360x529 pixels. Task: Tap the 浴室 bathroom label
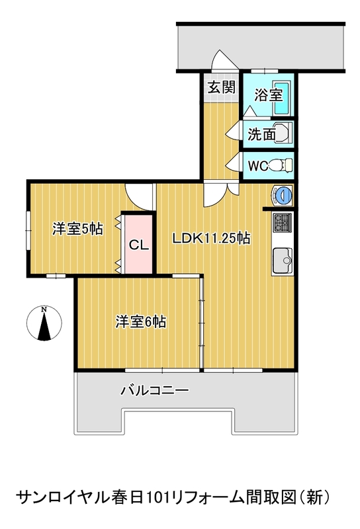tap(268, 95)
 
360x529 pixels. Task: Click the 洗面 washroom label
tap(261, 134)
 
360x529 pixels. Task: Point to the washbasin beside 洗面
tap(283, 133)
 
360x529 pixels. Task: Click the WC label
tap(258, 166)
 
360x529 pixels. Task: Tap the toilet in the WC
tap(281, 165)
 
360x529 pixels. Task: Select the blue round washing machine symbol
tap(282, 195)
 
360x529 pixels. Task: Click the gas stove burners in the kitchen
tap(283, 223)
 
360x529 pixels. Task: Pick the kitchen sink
tap(283, 261)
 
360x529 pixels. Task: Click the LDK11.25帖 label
tap(211, 238)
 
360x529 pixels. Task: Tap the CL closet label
tap(139, 245)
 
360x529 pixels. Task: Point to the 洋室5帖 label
tap(77, 229)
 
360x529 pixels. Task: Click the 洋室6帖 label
tap(141, 321)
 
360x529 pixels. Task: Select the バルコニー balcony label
tap(155, 390)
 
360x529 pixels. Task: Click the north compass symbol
tap(44, 323)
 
